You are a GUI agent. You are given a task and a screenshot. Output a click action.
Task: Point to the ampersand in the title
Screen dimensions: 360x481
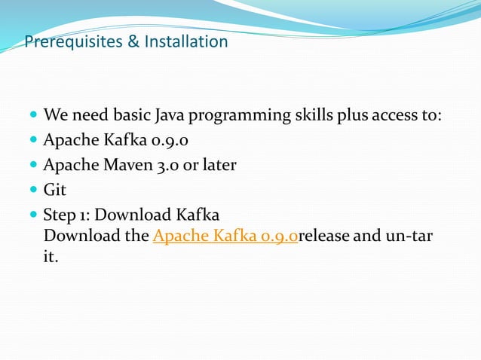(x=133, y=41)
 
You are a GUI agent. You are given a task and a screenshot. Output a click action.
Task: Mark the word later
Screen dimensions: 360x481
(x=219, y=164)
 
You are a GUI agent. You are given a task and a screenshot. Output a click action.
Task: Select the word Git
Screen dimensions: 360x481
(x=55, y=188)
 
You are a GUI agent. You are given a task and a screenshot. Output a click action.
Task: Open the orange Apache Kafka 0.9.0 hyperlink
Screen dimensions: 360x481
(x=225, y=236)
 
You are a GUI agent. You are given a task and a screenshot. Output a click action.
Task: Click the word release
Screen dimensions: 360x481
(x=324, y=236)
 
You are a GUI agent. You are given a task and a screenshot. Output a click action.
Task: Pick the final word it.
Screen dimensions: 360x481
(x=51, y=257)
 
